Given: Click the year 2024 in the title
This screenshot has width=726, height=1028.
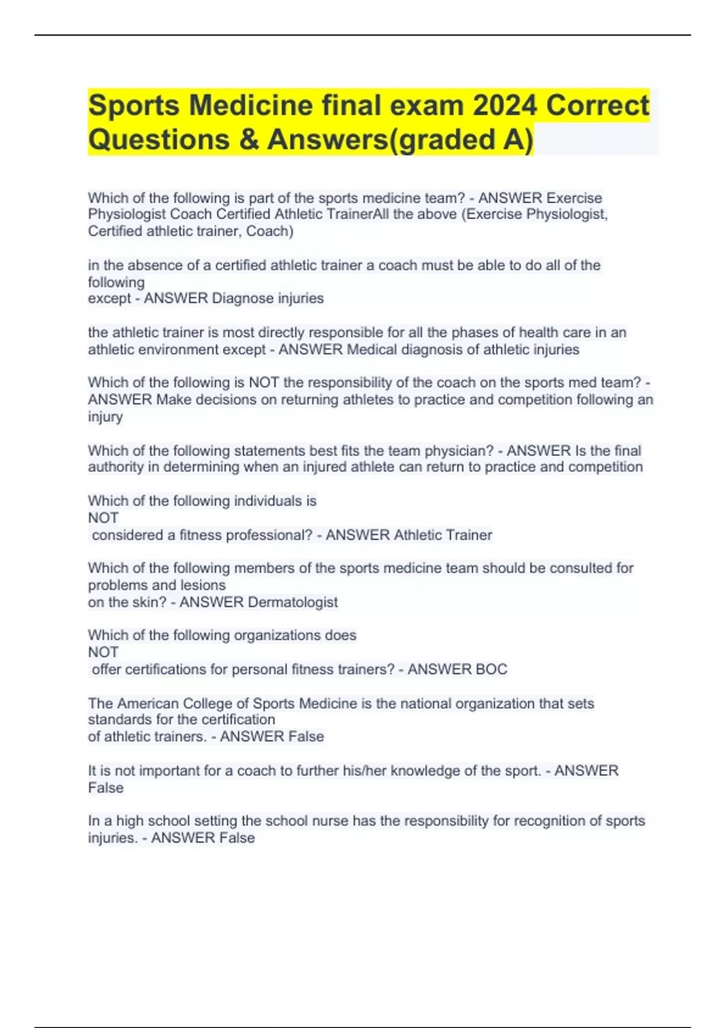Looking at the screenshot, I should click(x=505, y=106).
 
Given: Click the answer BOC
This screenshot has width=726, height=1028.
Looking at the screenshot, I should click(x=491, y=669).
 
